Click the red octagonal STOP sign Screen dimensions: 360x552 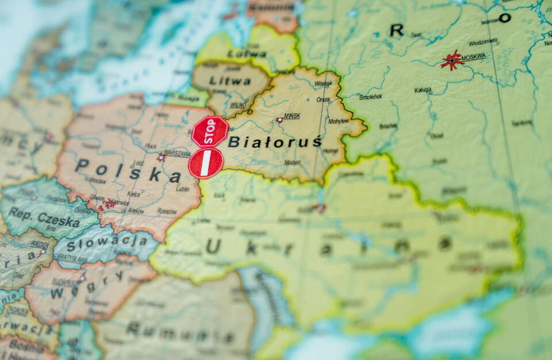click(x=210, y=131)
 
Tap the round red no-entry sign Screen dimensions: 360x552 click(x=205, y=163)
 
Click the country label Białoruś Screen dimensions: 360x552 click(x=274, y=141)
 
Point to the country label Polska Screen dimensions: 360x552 click(x=128, y=171)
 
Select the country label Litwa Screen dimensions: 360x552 click(x=230, y=81)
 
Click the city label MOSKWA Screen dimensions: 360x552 click(x=474, y=57)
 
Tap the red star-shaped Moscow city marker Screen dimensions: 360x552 click(x=452, y=60)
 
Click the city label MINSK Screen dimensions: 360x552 click(x=292, y=116)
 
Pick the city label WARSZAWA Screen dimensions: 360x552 click(x=178, y=154)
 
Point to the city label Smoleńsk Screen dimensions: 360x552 click(x=370, y=97)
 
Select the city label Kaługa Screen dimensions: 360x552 click(x=423, y=90)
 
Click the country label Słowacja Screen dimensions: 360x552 click(x=107, y=243)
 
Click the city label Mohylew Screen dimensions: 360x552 click(x=338, y=121)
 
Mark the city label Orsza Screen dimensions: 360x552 click(x=323, y=99)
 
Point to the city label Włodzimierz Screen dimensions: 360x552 click(x=483, y=43)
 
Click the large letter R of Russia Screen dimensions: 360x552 click(x=396, y=30)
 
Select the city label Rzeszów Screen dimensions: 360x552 click(x=167, y=212)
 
